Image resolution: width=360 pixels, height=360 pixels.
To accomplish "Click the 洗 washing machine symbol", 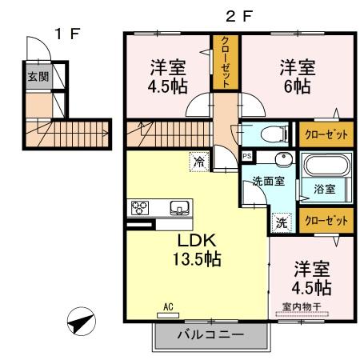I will pos(282,222).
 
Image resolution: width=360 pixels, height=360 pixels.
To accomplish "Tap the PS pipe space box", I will pos(248,157).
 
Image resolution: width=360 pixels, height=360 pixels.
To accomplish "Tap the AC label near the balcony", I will pos(168,306).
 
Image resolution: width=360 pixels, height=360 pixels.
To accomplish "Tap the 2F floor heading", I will pos(231,14).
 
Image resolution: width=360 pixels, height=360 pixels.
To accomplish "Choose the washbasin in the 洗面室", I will pos(281,159).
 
